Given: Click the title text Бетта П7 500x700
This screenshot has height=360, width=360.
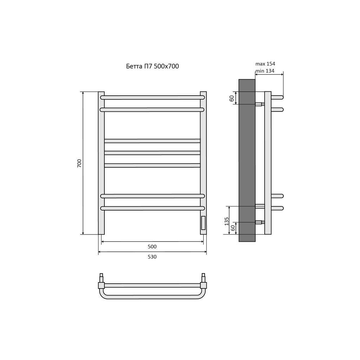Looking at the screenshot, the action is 153,66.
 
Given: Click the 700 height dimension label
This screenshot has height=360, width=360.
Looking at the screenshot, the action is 79,163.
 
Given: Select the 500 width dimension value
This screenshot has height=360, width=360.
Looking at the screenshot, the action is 152,246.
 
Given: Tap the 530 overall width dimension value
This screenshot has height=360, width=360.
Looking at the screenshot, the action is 152,257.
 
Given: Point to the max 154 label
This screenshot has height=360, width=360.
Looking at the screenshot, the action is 265,64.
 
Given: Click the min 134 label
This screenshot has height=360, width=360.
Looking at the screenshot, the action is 265,71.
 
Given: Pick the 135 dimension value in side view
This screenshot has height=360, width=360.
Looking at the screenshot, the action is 227,221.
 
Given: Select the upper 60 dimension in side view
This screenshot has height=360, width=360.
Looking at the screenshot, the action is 232,98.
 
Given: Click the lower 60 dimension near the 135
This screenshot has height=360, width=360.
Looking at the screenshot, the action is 233,228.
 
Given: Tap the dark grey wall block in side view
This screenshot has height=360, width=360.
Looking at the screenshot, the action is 247,160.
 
